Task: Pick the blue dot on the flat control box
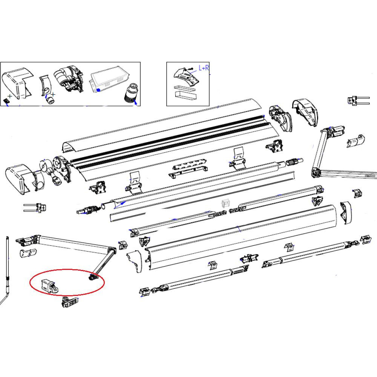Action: tap(98, 90)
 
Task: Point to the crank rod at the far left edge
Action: tap(8, 271)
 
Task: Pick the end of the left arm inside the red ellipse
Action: tap(93, 277)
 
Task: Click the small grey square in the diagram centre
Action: tap(225, 204)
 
